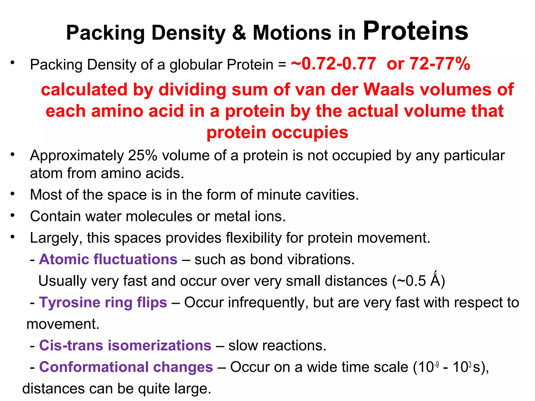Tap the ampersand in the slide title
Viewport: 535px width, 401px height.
click(x=239, y=33)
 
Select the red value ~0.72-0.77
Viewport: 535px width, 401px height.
click(x=334, y=64)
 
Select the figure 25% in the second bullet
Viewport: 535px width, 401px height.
click(x=143, y=156)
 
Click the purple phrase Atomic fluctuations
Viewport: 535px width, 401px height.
click(x=108, y=260)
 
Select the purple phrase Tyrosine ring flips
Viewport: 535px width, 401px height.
click(x=103, y=303)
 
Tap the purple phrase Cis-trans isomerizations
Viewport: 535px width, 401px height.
click(x=125, y=346)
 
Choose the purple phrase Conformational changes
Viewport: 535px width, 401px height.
click(x=126, y=367)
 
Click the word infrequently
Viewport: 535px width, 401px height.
click(x=265, y=303)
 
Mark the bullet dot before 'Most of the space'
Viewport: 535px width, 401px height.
click(x=12, y=194)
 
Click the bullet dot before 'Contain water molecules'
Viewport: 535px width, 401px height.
click(x=12, y=216)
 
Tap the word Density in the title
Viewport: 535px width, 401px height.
click(x=188, y=33)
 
